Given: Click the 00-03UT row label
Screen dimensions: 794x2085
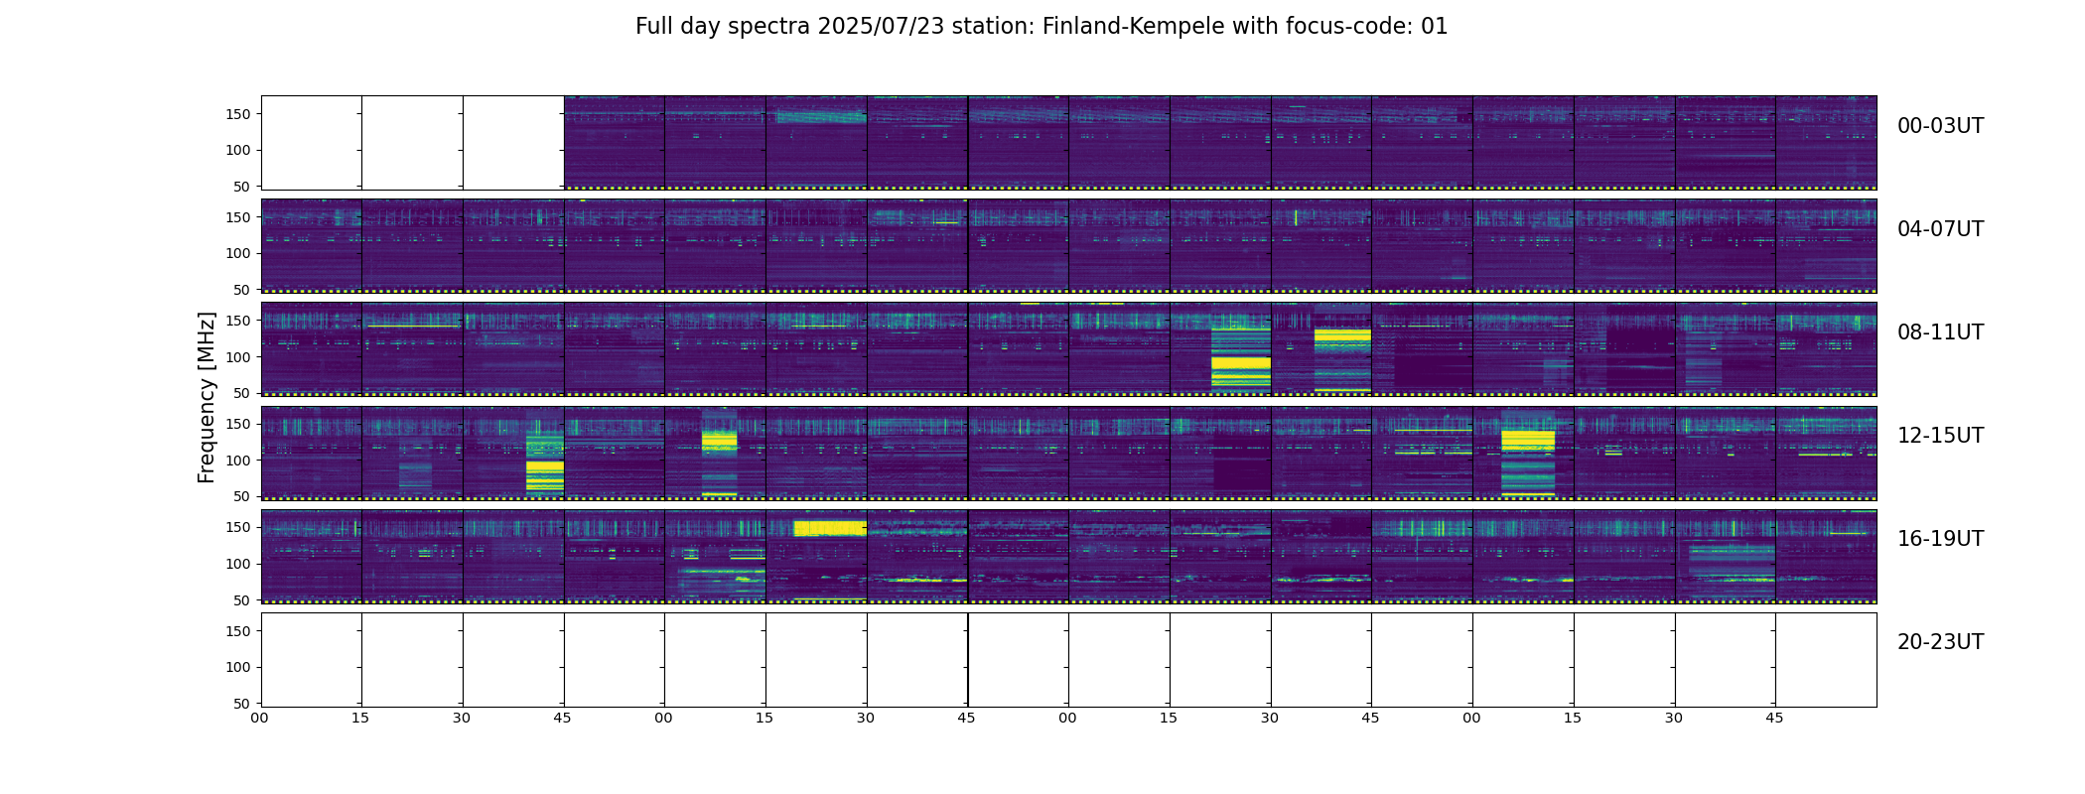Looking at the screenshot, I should pyautogui.click(x=1940, y=126).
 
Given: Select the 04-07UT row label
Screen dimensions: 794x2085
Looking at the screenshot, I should pyautogui.click(x=1940, y=229).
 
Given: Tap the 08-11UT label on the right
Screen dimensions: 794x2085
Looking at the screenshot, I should pyautogui.click(x=1940, y=332).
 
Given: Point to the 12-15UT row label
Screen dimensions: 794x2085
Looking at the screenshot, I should pyautogui.click(x=1940, y=436).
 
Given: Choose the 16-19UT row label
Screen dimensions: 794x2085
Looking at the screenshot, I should pyautogui.click(x=1940, y=539).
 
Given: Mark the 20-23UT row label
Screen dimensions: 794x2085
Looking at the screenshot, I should pyautogui.click(x=1940, y=642).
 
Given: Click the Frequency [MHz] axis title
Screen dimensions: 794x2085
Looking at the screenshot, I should pyautogui.click(x=207, y=397).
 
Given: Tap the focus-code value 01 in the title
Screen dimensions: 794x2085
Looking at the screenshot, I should pyautogui.click(x=1434, y=27).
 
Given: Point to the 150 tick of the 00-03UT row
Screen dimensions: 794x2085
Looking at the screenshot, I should pyautogui.click(x=239, y=114).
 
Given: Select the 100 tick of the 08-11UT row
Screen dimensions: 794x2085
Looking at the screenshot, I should pyautogui.click(x=239, y=357).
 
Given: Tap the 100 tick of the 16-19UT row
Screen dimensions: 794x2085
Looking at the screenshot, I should pyautogui.click(x=239, y=564).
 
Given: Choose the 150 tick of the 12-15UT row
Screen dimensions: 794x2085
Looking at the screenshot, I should pyautogui.click(x=239, y=424).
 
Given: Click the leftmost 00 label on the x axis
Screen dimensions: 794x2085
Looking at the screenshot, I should pyautogui.click(x=259, y=718).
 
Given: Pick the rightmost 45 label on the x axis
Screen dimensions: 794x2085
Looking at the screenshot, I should pyautogui.click(x=1774, y=718).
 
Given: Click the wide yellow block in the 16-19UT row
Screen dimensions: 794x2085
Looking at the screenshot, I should pyautogui.click(x=830, y=528).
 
